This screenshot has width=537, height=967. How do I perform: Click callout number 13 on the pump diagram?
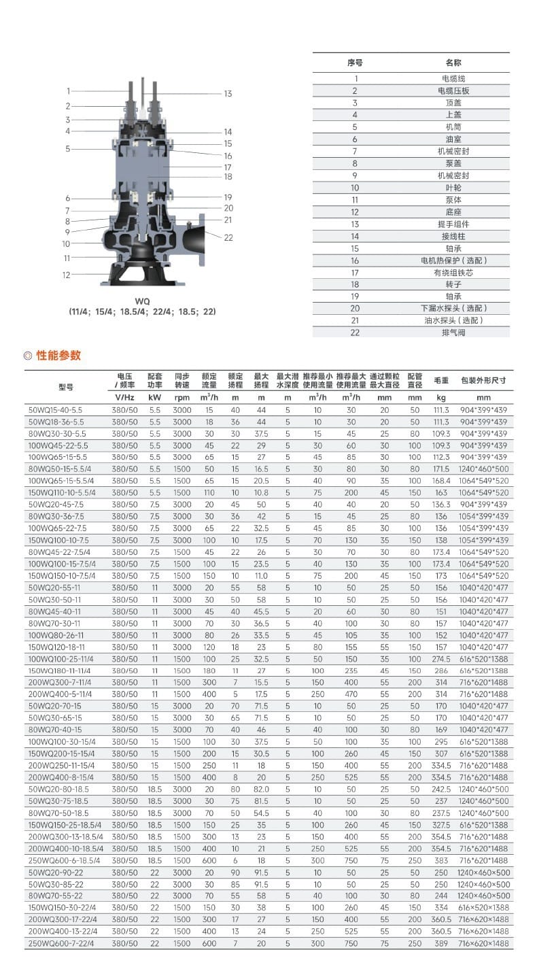point(228,94)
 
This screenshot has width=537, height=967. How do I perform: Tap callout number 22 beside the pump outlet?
point(228,237)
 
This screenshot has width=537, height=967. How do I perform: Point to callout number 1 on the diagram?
point(68,91)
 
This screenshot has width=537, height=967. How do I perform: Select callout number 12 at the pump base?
point(67,275)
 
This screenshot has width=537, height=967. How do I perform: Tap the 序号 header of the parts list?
point(355,63)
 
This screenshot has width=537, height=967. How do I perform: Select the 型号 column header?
point(66,387)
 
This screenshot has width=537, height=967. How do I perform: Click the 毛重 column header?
point(441,381)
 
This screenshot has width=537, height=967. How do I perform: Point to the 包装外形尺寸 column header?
point(483,381)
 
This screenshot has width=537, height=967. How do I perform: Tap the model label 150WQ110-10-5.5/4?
point(62,493)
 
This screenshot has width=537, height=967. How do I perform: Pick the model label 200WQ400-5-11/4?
point(59,694)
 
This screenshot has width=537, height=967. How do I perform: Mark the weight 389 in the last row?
point(441,943)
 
